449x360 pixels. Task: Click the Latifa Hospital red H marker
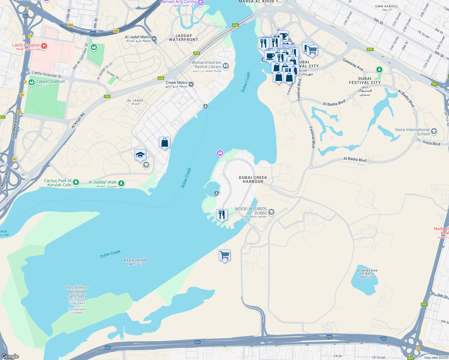44,46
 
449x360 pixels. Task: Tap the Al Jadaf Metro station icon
154,39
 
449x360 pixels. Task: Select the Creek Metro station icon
191,84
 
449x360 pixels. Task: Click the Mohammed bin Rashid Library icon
226,66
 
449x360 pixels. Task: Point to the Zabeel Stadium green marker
32,83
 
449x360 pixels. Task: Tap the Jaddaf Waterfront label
183,37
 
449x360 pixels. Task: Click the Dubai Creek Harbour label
253,179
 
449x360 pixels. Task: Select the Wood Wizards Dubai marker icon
271,212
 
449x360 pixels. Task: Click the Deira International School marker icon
434,131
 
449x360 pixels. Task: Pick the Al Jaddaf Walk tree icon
121,183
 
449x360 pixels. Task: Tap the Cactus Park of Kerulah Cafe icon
76,182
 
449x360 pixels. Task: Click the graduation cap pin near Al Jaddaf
140,155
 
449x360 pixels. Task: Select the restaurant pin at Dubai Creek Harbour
222,214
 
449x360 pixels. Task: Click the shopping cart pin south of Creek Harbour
225,255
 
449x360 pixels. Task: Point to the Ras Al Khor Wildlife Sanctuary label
77,292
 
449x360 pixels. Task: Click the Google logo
10,356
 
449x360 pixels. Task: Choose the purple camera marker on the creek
220,154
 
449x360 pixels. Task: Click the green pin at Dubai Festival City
379,70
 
